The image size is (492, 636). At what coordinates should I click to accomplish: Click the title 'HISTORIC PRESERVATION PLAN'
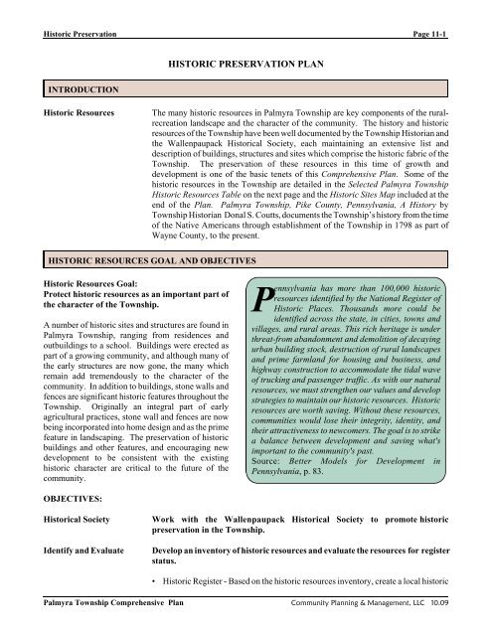pyautogui.click(x=245, y=61)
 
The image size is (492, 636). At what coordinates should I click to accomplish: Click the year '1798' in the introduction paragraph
pyautogui.click(x=385, y=230)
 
